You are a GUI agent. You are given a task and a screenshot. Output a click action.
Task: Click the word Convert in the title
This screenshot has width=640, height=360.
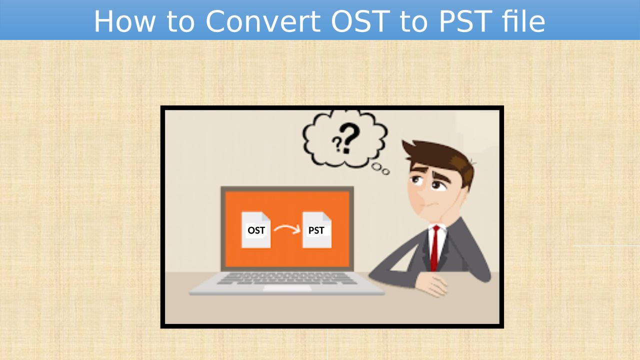point(262,21)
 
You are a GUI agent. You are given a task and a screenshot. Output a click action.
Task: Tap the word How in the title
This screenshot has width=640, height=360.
point(125,21)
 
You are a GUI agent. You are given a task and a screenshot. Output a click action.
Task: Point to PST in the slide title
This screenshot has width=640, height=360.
point(465,21)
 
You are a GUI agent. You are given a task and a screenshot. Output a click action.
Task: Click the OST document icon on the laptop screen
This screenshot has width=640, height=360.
point(255,229)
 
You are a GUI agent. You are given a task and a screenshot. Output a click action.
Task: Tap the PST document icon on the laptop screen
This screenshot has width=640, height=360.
point(317,229)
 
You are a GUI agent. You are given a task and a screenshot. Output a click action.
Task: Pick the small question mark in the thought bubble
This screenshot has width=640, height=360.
point(337,143)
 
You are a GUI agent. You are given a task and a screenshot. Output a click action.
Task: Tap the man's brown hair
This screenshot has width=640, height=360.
point(441,158)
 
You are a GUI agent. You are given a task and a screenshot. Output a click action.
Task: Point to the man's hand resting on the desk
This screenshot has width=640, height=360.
point(431,284)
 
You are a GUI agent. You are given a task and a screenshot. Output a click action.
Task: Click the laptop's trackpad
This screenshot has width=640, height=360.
point(287,288)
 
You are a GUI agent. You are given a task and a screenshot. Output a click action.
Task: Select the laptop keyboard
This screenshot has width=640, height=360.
point(286,278)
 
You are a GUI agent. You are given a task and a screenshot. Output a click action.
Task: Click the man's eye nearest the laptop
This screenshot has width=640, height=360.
point(416,180)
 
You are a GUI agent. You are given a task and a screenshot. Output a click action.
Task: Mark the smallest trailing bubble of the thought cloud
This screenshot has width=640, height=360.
point(385,171)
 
